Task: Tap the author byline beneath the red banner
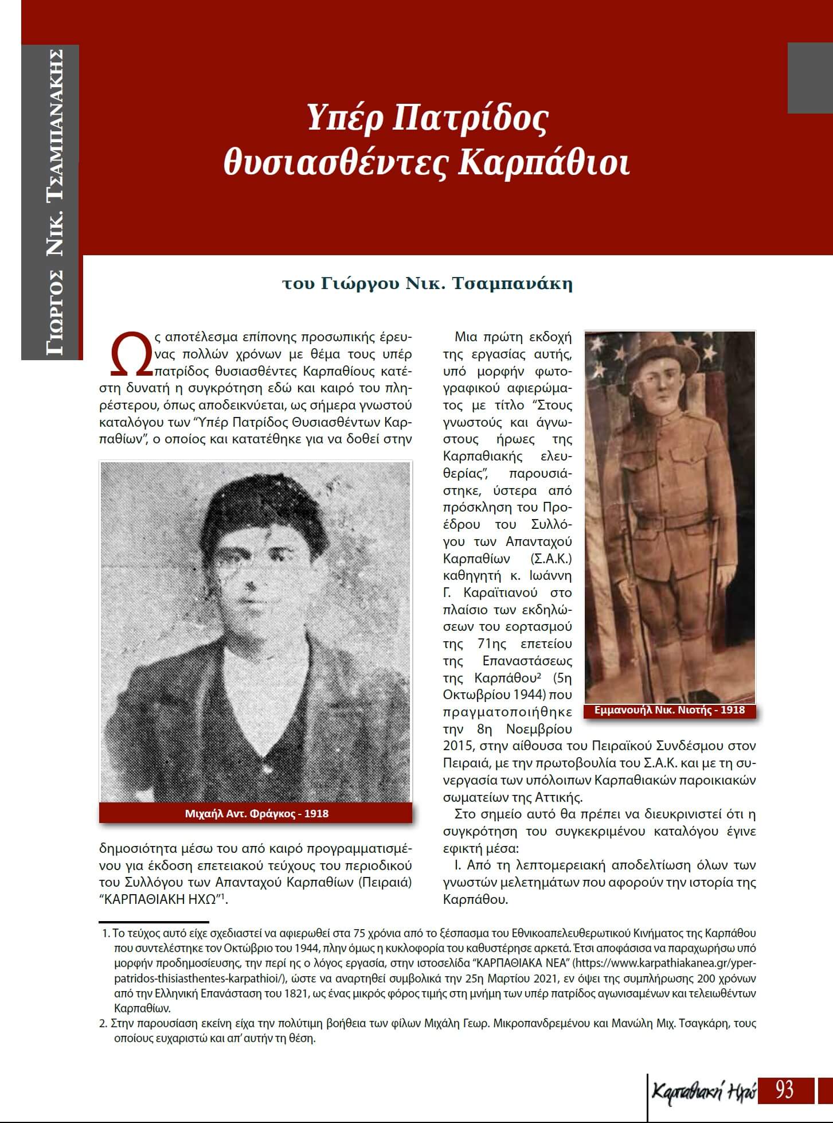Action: pos(428,283)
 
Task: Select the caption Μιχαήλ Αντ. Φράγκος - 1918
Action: pos(256,813)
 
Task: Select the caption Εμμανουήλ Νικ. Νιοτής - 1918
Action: pos(669,710)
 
